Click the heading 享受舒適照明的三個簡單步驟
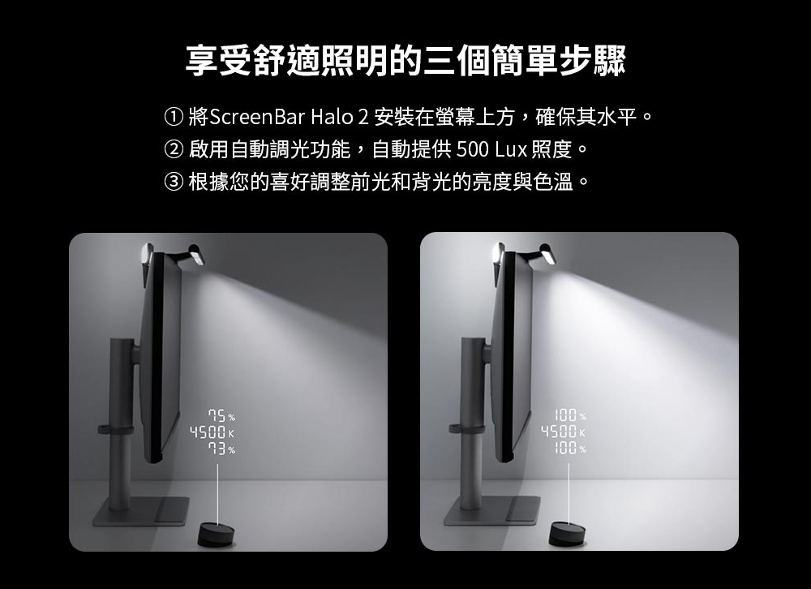click(x=405, y=62)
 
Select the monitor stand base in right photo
click(x=491, y=511)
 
